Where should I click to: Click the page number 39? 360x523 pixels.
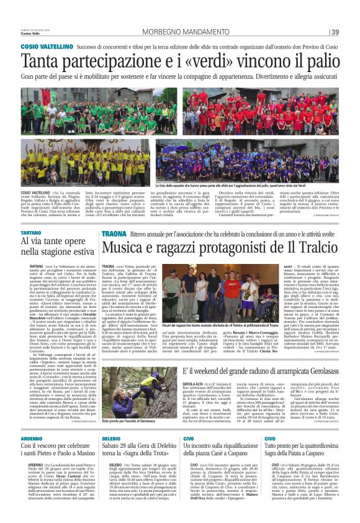coord(335,32)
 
